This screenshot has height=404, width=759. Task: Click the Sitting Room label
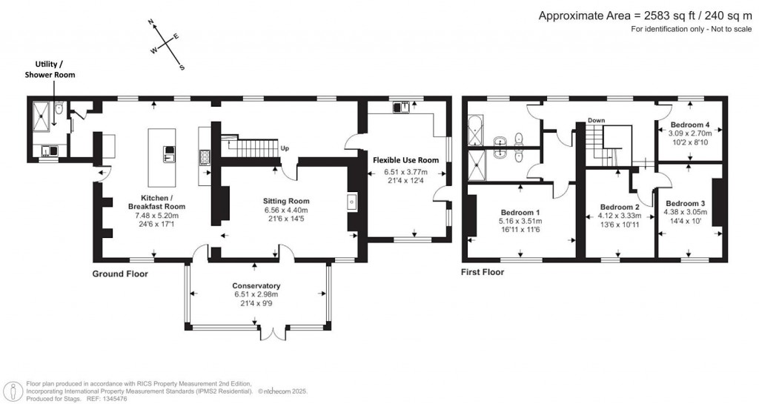point(285,201)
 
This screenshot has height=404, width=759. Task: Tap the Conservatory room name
point(256,285)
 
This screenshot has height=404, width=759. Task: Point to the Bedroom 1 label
point(523,211)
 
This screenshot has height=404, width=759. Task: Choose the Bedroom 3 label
point(686,203)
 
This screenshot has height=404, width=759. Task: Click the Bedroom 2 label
point(620,207)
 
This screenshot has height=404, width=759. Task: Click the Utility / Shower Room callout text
point(50,70)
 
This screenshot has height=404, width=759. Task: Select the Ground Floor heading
point(120,274)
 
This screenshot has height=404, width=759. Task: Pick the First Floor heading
point(482,272)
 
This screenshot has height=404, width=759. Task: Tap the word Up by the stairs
point(284,148)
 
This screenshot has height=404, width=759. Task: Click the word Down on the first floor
point(597,120)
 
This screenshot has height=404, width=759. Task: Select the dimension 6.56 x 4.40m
point(285,210)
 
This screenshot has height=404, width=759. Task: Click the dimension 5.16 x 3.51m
point(523,221)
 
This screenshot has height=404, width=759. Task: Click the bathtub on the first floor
point(475,130)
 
